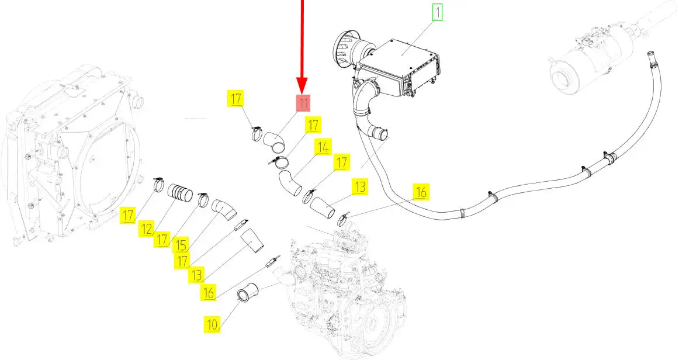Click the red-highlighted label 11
click(302, 103)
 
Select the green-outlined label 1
click(437, 12)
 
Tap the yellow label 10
click(212, 324)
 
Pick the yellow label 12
click(147, 229)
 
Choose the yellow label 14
click(323, 147)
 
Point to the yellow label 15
click(180, 245)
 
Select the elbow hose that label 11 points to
click(273, 141)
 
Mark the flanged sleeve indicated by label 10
click(247, 292)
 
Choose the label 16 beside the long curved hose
click(421, 192)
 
